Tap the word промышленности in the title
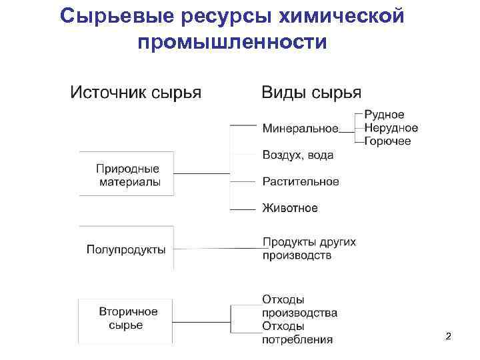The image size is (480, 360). pos(232,43)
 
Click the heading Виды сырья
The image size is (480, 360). pos(311,92)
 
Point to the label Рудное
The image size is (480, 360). pos(384,115)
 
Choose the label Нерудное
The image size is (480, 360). pos(391,128)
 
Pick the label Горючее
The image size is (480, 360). pos(387,141)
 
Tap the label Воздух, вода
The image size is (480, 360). pos(298,155)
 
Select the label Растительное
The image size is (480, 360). pos(301,181)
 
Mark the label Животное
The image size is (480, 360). pos(290,208)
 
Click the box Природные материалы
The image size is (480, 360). pos(127,175)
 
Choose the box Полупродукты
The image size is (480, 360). pos(126,249)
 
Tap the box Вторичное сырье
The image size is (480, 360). pos(126,319)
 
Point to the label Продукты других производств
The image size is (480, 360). pos(309,248)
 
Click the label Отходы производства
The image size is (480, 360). pos(299,306)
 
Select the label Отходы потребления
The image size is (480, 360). pos(297,333)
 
